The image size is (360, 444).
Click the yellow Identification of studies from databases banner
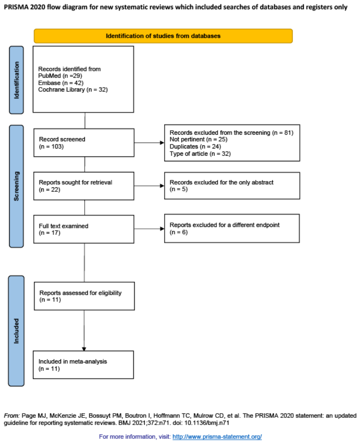click(x=163, y=36)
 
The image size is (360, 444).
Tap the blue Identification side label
click(x=16, y=80)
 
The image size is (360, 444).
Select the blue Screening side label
click(x=16, y=186)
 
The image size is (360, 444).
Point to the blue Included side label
click(x=16, y=331)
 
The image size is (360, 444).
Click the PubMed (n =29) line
click(x=60, y=76)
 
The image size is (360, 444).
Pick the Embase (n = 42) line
click(x=61, y=83)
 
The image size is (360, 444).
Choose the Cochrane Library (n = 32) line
click(x=73, y=90)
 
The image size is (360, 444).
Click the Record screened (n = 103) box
click(x=84, y=143)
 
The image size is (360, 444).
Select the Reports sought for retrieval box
click(x=84, y=186)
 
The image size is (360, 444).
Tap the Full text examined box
click(x=84, y=229)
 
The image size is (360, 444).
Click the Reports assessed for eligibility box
click(x=84, y=296)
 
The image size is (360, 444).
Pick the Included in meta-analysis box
click(x=83, y=365)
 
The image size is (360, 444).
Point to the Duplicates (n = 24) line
click(x=195, y=147)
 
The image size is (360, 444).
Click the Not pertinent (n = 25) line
click(x=198, y=139)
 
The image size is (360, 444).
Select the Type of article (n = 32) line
click(x=200, y=154)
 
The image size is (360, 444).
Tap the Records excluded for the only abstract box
click(x=232, y=186)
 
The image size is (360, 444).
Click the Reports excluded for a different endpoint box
click(x=232, y=229)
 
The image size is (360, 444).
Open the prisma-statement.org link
click(x=217, y=436)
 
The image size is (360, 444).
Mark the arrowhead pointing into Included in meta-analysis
click(x=84, y=349)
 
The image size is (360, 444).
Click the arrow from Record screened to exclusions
click(x=149, y=143)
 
